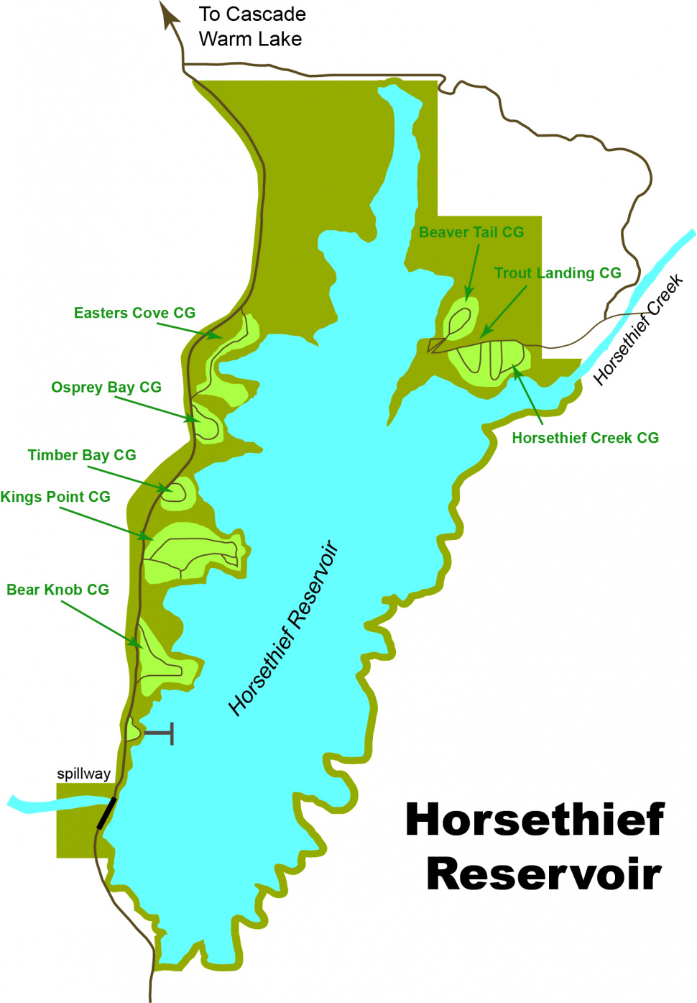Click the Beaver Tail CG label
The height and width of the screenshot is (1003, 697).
(471, 232)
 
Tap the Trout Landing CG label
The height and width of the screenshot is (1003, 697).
(558, 273)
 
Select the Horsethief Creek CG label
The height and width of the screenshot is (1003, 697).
(585, 438)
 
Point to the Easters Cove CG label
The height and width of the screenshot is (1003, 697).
(134, 313)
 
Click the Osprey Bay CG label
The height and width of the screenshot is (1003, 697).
(106, 388)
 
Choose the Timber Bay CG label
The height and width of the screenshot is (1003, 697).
(82, 455)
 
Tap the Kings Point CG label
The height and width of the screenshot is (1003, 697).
(55, 497)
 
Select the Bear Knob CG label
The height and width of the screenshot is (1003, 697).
(57, 590)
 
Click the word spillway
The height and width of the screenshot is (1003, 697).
(84, 774)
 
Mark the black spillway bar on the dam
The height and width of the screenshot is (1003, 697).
(106, 813)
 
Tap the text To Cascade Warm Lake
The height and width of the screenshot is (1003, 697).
(251, 27)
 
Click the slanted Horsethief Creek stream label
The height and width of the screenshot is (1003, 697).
(638, 329)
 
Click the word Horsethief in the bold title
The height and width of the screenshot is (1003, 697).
(535, 820)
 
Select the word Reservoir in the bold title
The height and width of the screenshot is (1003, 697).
(544, 874)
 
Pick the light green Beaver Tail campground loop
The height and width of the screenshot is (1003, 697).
(460, 319)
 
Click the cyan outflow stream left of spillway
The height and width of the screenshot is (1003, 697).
(36, 804)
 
